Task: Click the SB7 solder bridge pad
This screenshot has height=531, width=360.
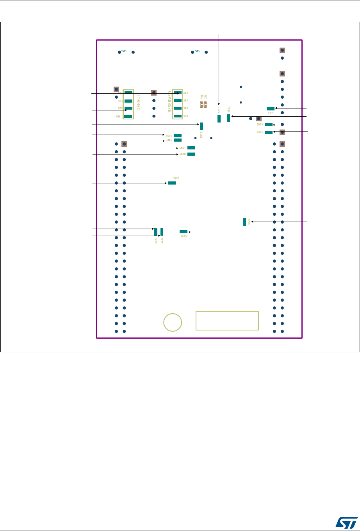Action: pyautogui.click(x=270, y=109)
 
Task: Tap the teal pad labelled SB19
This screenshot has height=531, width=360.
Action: pyautogui.click(x=171, y=183)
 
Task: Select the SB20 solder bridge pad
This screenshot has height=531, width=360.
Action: pyautogui.click(x=244, y=222)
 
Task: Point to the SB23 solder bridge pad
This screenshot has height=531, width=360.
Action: pyautogui.click(x=184, y=232)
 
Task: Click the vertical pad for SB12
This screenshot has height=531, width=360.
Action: pyautogui.click(x=201, y=126)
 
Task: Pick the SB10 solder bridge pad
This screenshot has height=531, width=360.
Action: pyautogui.click(x=219, y=119)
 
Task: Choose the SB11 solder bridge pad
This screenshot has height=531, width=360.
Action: pyautogui.click(x=229, y=118)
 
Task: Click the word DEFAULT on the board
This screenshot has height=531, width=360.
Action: pyautogui.click(x=139, y=101)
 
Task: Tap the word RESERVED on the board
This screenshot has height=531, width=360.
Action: pyautogui.click(x=170, y=101)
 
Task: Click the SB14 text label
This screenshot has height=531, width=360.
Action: pyautogui.click(x=169, y=136)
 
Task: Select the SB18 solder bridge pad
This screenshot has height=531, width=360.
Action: pyautogui.click(x=191, y=154)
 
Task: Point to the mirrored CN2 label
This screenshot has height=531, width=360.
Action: pyautogui.click(x=123, y=52)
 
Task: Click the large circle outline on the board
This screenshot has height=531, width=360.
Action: pyautogui.click(x=173, y=323)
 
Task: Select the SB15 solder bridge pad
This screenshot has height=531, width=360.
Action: pyautogui.click(x=269, y=132)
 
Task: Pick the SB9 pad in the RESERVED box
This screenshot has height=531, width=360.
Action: pyautogui.click(x=178, y=116)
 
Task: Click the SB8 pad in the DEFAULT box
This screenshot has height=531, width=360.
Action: pyautogui.click(x=128, y=116)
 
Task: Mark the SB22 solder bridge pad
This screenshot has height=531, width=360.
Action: pyautogui.click(x=162, y=232)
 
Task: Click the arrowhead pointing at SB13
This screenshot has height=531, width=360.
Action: pyautogui.click(x=274, y=125)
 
